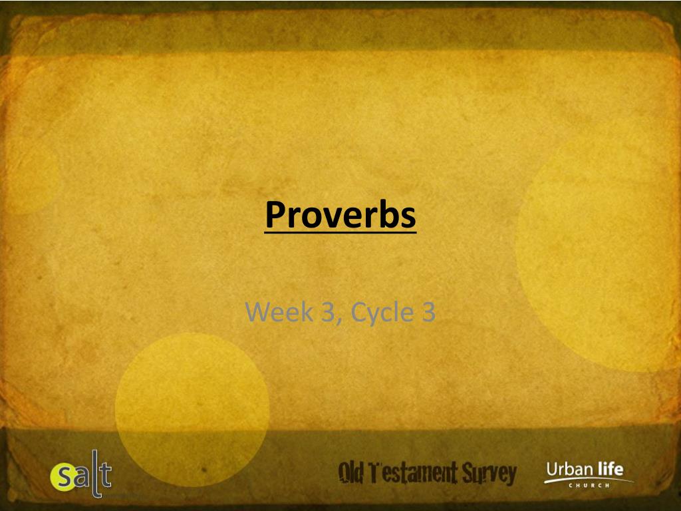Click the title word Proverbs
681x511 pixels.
tap(340, 214)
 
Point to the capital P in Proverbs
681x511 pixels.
tap(275, 214)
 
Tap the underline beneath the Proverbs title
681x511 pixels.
tap(340, 231)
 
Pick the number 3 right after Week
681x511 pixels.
tap(328, 311)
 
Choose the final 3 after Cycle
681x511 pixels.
tap(428, 311)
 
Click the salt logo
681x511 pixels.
tap(81, 476)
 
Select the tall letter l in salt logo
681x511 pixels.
tap(94, 474)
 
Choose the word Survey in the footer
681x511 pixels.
tap(493, 474)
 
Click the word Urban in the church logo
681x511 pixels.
tap(569, 470)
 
